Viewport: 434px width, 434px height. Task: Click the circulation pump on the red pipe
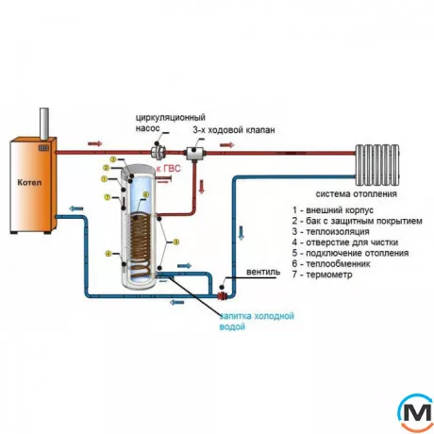[x=163, y=150]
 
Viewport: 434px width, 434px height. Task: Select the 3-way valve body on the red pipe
[x=198, y=150]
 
